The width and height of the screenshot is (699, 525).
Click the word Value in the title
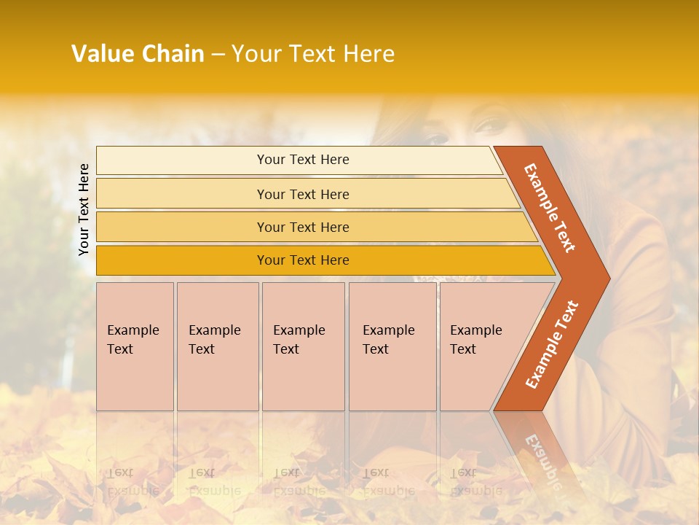(x=102, y=54)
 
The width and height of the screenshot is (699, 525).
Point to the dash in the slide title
(x=218, y=55)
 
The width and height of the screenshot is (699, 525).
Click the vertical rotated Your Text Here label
(x=84, y=209)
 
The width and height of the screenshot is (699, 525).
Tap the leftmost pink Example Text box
(x=135, y=346)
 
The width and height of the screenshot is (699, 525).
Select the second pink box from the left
(x=218, y=346)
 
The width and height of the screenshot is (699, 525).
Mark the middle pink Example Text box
(x=303, y=346)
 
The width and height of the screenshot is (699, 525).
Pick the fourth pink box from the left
(x=392, y=346)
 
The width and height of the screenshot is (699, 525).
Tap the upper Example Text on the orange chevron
(x=550, y=208)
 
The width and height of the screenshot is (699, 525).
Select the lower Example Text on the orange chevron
(x=552, y=344)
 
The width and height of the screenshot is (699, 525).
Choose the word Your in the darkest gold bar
(x=271, y=260)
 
